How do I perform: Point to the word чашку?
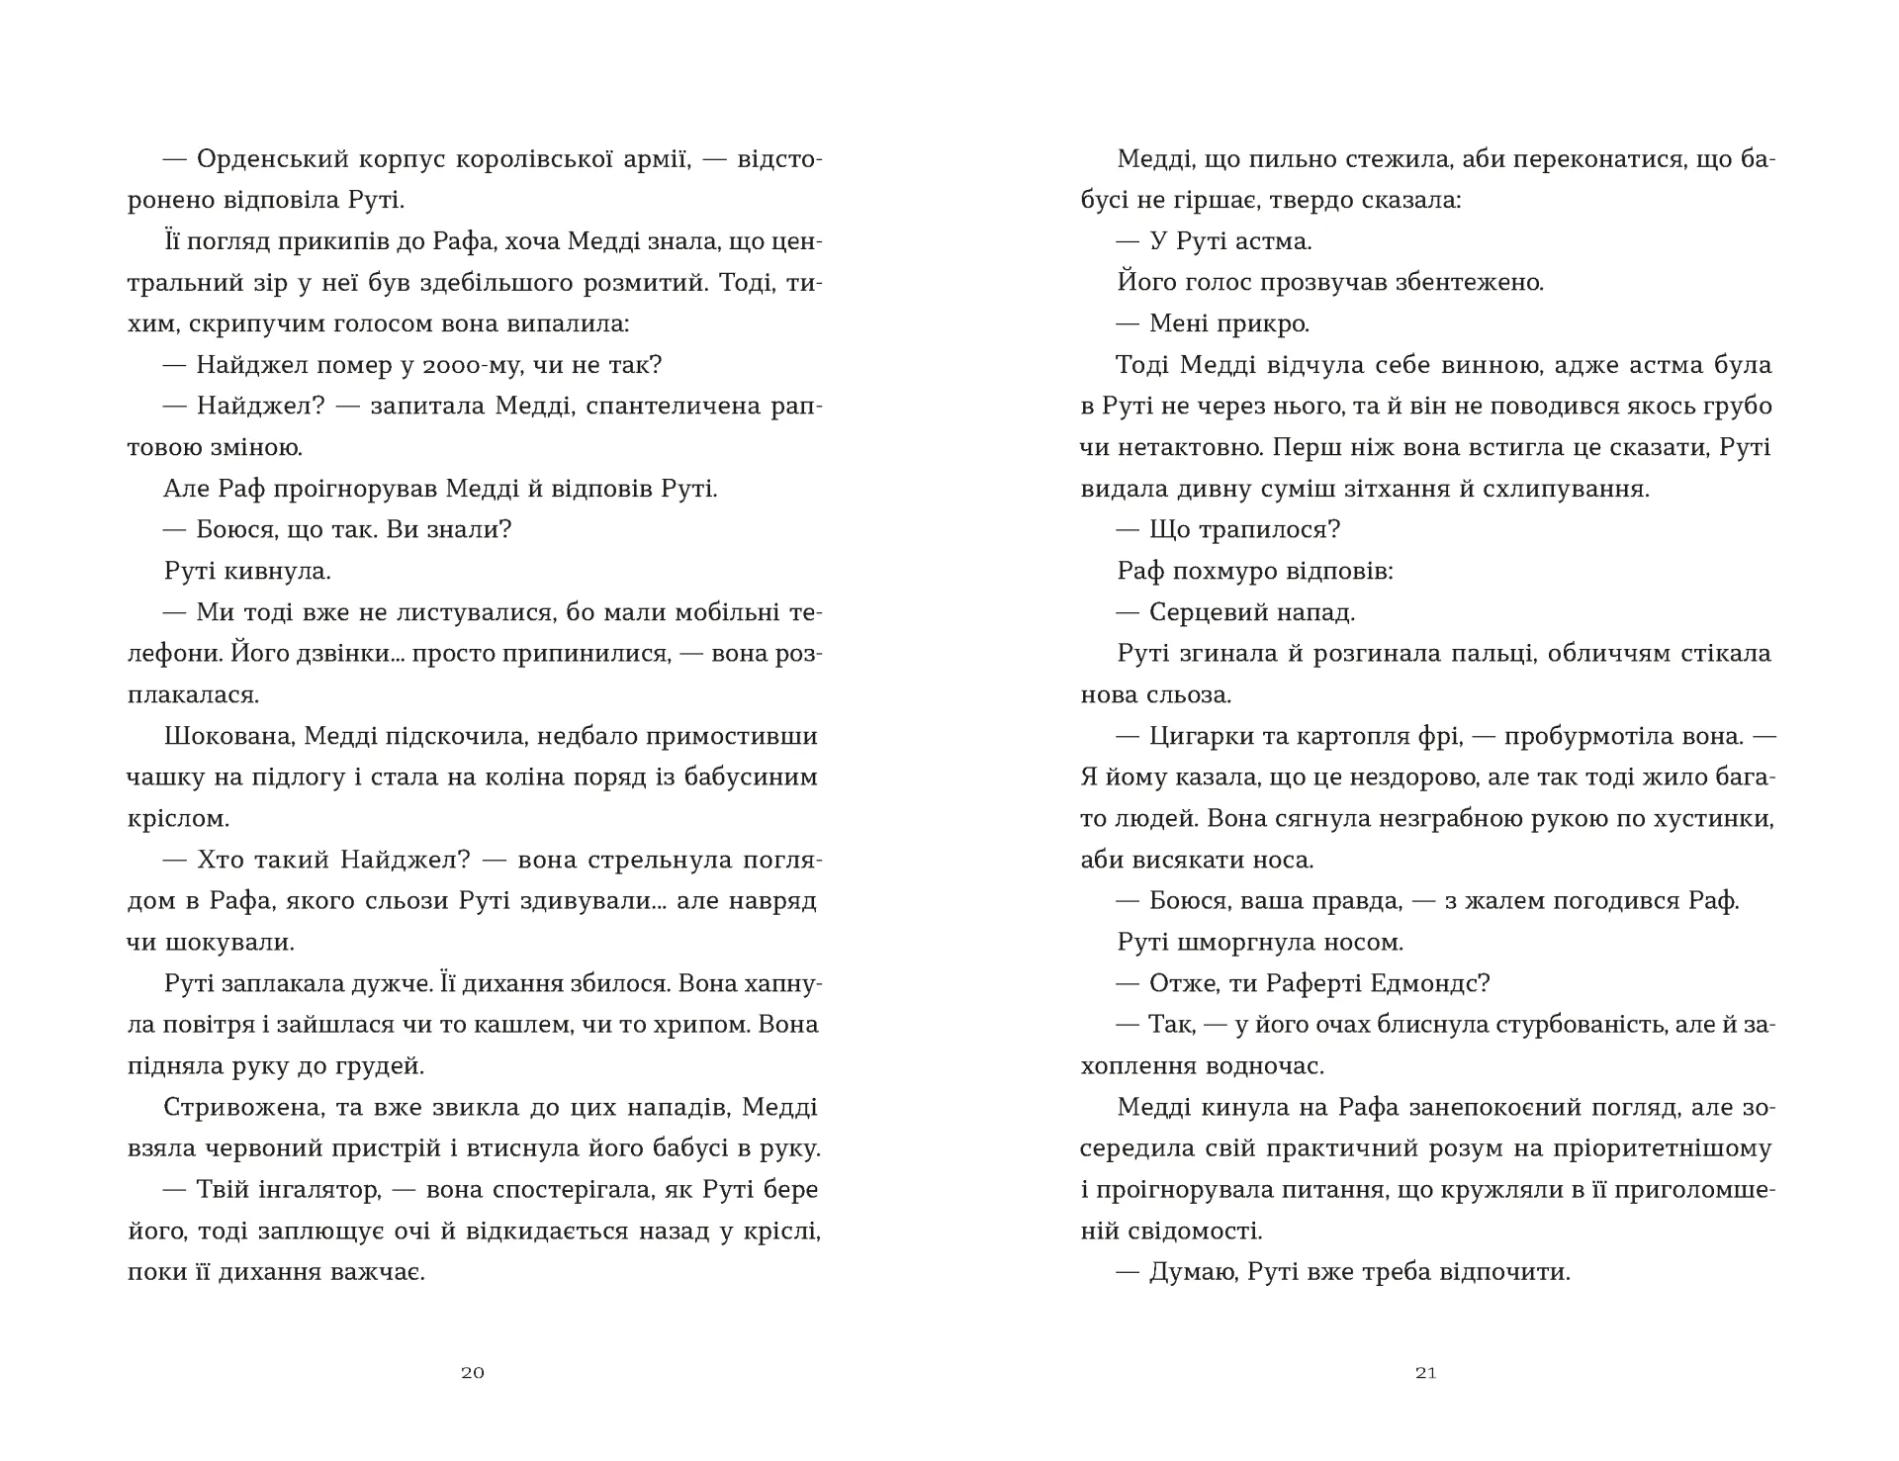point(161,777)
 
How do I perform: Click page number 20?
point(473,1373)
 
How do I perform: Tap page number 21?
point(1425,1373)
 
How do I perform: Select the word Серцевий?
point(1201,612)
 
